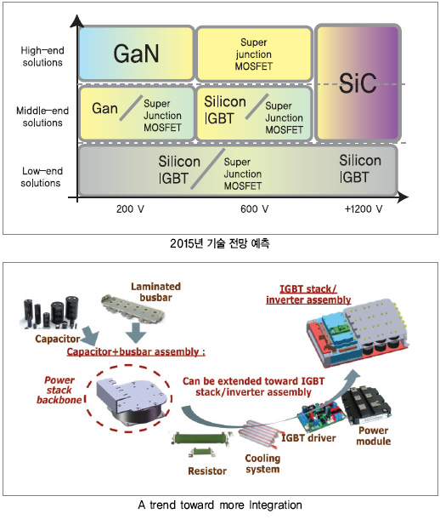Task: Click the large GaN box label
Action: click(136, 54)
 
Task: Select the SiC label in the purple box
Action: click(358, 83)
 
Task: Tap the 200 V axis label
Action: click(130, 209)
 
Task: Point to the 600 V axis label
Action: click(254, 209)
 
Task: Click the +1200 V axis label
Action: click(364, 209)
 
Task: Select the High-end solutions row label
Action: click(42, 56)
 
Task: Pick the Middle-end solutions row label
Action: click(42, 117)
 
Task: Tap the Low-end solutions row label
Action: click(42, 177)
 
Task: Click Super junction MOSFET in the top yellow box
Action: click(254, 54)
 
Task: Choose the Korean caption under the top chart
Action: click(220, 243)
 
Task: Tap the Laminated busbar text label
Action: click(156, 292)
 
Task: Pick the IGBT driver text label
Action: click(308, 438)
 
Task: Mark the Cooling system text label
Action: click(262, 464)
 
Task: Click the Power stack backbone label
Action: click(59, 390)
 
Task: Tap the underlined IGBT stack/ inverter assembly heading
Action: click(308, 294)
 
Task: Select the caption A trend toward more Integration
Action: click(220, 505)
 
